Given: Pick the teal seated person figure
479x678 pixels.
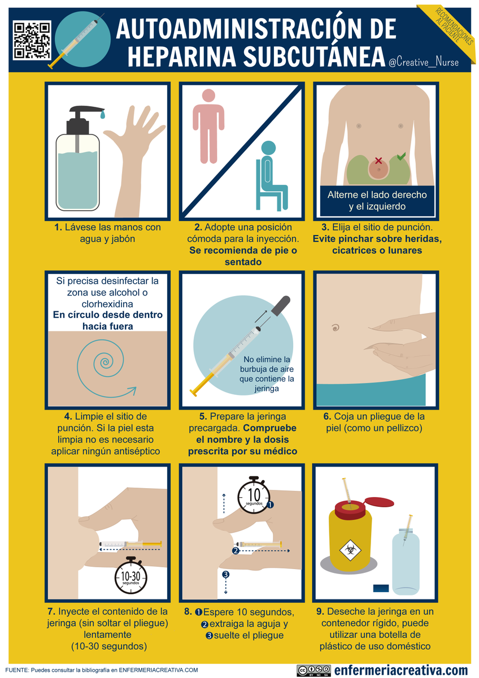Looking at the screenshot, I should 271,175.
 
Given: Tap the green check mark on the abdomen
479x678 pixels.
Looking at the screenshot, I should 400,155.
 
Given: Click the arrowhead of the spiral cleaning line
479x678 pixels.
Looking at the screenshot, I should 132,389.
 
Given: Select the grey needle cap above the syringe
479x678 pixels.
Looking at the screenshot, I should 281,303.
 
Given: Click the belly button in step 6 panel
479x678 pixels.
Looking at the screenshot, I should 335,327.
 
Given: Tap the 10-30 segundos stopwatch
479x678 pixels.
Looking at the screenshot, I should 130,575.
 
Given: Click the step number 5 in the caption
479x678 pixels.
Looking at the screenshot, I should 202,416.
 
